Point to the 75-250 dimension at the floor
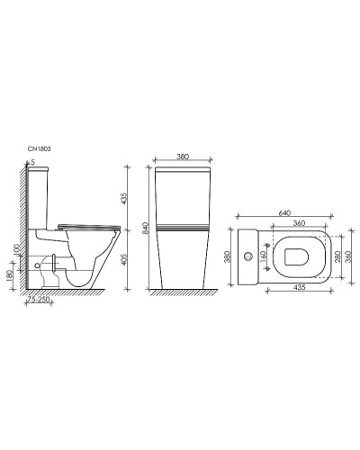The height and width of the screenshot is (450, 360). pos(39,299)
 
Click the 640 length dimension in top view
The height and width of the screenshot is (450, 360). pos(283,214)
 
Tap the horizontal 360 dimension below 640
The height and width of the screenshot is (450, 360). pos(301,224)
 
